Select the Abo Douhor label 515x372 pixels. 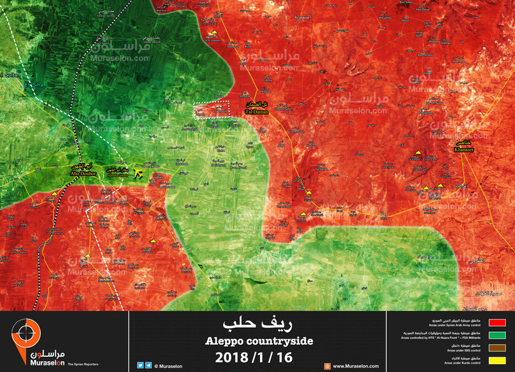tap(83, 172)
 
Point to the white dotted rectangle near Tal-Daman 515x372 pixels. tap(211, 110)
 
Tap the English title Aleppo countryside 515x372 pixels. tap(259, 341)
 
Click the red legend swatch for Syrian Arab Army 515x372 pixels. tap(495, 323)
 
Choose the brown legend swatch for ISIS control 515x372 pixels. tap(495, 347)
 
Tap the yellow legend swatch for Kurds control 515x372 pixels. tap(495, 360)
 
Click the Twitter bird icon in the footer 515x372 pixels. tap(140, 366)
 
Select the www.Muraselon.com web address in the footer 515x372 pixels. tap(355, 366)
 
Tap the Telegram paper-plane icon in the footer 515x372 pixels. tap(148, 366)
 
